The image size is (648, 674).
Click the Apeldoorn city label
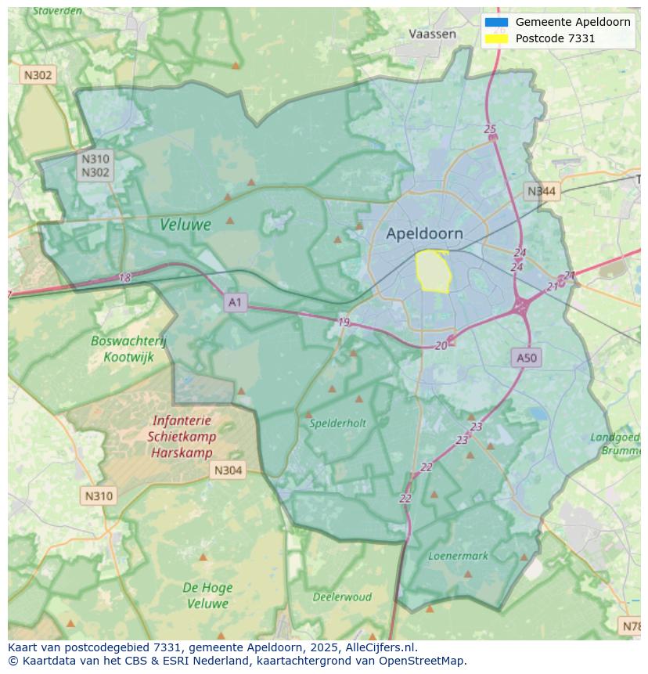click(424, 233)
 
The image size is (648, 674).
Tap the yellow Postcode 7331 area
click(433, 271)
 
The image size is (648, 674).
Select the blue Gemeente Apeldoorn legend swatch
click(496, 22)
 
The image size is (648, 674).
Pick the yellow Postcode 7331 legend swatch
click(496, 38)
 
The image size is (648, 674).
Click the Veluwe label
click(185, 225)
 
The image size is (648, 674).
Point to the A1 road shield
click(235, 302)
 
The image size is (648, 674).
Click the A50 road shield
click(527, 358)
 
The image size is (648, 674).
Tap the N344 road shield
click(542, 191)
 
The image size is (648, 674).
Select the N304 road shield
click(228, 470)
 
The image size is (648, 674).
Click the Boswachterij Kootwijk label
click(129, 349)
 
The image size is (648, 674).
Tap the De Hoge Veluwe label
click(207, 596)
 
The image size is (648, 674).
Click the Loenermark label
click(458, 557)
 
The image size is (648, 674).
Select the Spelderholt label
click(337, 424)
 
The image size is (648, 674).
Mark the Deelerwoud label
click(342, 597)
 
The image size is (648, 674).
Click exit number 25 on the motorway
click(490, 129)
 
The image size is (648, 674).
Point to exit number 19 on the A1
click(344, 323)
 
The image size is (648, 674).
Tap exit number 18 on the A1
click(125, 278)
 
